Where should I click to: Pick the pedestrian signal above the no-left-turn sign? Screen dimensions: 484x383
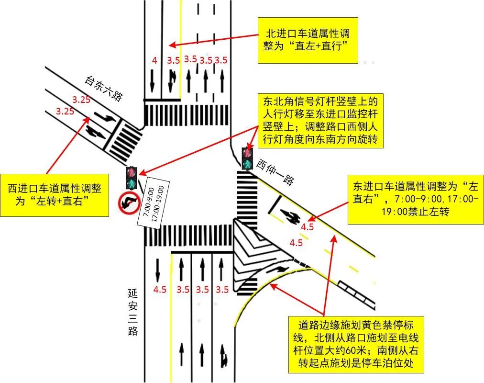coord(131,177)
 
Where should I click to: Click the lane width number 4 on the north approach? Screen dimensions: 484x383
coord(154,60)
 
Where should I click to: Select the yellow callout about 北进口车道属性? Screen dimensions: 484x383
coord(308,40)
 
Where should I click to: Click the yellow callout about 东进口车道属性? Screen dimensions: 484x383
coord(415,198)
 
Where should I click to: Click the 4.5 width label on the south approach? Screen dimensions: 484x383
coord(160,289)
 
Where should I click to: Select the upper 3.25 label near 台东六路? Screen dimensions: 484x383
coord(81,100)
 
